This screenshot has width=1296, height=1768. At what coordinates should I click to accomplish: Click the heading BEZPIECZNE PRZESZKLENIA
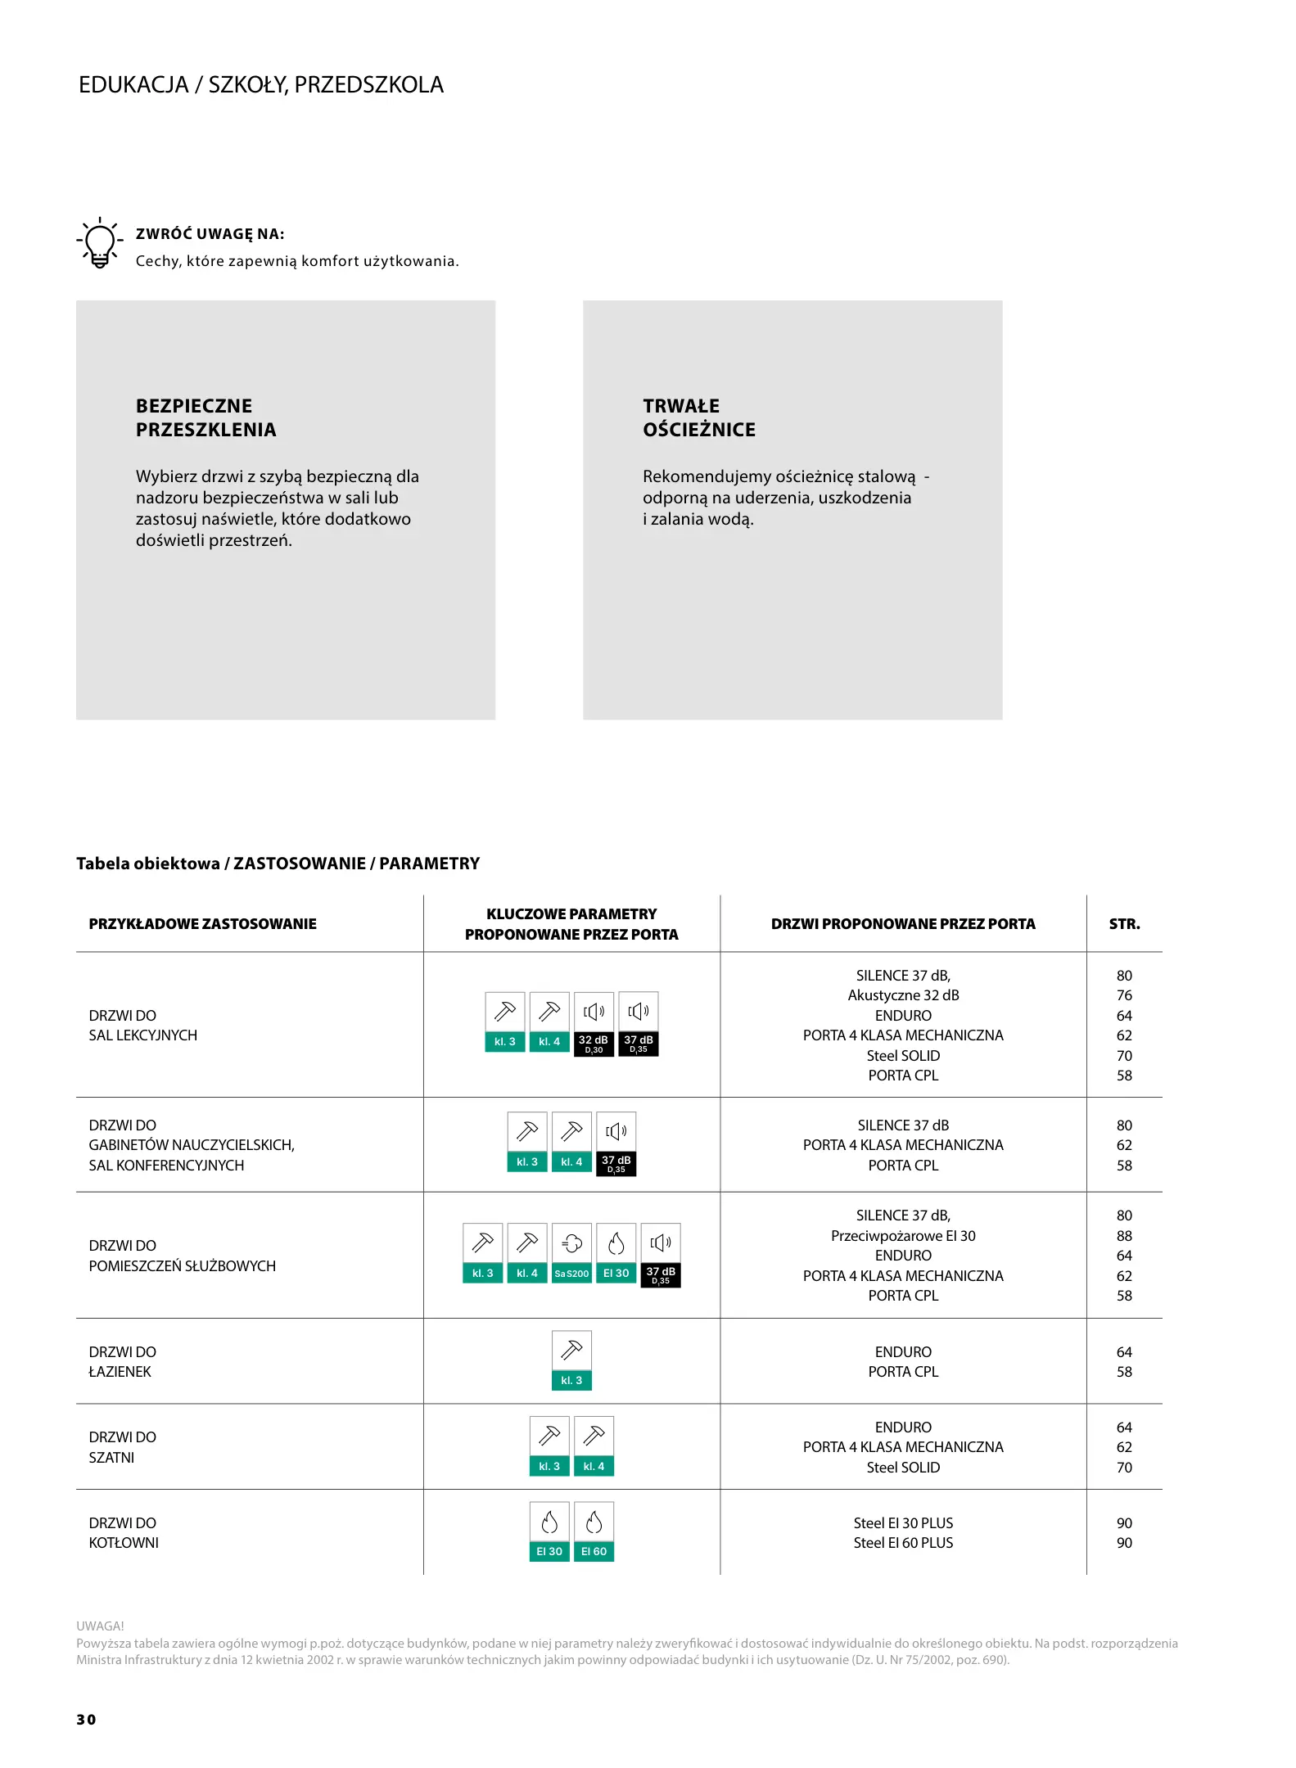pos(205,417)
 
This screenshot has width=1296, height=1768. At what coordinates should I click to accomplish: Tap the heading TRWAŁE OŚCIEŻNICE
pos(698,417)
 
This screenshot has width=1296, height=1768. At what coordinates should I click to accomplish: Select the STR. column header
pos(1124,924)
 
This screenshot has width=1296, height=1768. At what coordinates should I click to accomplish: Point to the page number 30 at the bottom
pos(86,1720)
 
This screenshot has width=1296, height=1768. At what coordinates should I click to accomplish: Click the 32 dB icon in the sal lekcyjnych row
pos(594,1025)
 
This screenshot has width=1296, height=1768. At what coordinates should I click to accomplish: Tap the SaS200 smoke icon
pos(571,1254)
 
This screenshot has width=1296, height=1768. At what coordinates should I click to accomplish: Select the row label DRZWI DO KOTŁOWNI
pos(124,1533)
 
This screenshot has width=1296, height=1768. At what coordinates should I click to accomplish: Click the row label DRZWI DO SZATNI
pos(122,1447)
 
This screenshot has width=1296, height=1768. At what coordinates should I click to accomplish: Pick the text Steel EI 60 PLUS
pos(903,1543)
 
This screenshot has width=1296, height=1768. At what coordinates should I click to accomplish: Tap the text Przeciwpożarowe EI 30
pos(903,1236)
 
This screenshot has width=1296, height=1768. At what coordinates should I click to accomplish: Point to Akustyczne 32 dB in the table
pos(903,995)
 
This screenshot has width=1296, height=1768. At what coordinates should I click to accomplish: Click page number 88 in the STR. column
pos(1124,1236)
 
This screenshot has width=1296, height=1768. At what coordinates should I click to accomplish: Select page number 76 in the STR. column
pos(1124,995)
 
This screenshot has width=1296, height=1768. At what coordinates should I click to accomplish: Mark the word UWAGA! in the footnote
pos(100,1626)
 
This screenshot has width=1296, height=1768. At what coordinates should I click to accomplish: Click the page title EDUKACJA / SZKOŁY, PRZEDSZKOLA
pos(261,85)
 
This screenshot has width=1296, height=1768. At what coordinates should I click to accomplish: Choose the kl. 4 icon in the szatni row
pos(594,1446)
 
